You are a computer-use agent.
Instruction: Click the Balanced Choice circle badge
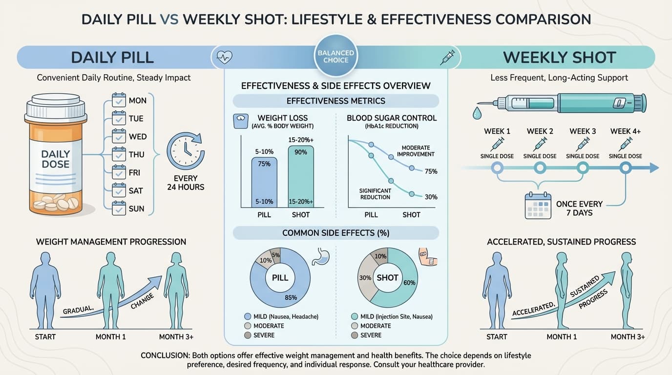tap(336, 56)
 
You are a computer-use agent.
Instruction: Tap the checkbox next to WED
tap(119, 137)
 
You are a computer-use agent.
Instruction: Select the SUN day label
tap(137, 208)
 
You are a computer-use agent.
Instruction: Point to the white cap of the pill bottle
tap(55, 109)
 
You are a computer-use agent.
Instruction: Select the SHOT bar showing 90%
tap(301, 177)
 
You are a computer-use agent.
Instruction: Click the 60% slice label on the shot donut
tap(409, 282)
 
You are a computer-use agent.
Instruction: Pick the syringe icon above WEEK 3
tap(583, 144)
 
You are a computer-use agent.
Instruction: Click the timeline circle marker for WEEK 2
tap(540, 168)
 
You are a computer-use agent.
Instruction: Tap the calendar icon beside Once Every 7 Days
tap(538, 205)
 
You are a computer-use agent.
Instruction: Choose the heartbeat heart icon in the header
tap(224, 58)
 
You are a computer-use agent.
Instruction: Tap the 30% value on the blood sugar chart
tap(431, 197)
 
